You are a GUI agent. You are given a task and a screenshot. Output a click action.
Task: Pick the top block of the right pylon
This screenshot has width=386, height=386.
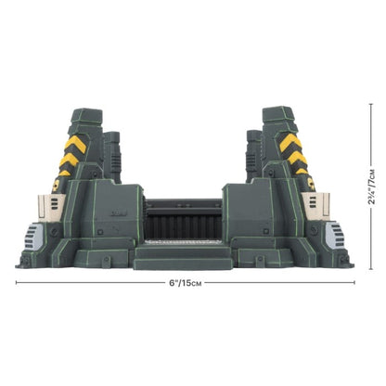(x=279, y=116)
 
